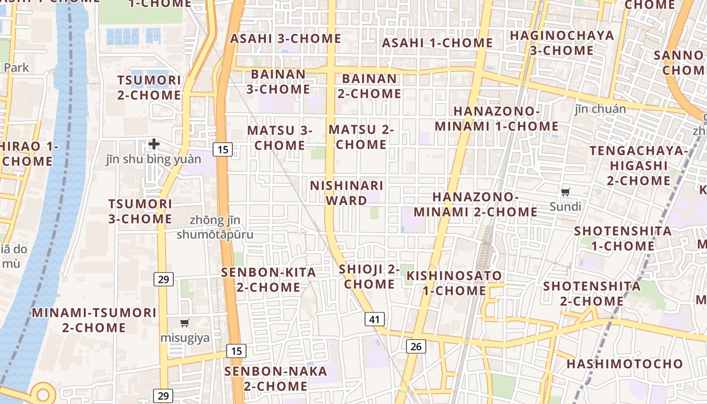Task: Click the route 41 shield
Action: click(374, 319)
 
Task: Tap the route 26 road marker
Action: click(416, 346)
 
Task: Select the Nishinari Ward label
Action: click(346, 193)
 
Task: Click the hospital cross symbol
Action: click(154, 144)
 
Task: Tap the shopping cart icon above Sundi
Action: click(566, 192)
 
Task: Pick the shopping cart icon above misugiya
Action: click(185, 323)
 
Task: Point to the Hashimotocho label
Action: click(624, 364)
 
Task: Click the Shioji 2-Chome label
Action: click(369, 276)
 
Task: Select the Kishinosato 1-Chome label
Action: click(454, 283)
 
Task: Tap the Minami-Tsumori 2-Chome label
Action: click(94, 320)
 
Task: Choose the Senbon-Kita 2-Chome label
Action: click(268, 280)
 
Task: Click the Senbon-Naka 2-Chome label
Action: click(276, 379)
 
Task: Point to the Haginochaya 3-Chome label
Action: click(562, 43)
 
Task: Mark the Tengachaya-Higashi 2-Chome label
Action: click(638, 166)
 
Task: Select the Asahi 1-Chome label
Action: click(437, 43)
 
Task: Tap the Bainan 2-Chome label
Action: click(369, 86)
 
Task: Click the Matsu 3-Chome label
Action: click(280, 138)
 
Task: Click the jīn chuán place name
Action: click(600, 109)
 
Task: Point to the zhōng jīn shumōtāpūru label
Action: click(215, 227)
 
